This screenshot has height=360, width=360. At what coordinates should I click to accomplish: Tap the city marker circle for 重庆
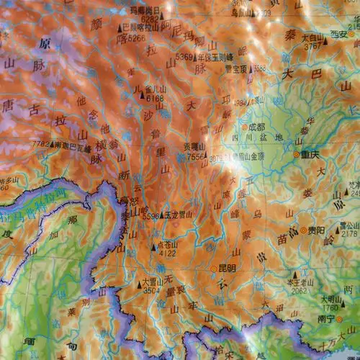297,154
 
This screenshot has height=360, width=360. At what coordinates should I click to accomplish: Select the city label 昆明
228,268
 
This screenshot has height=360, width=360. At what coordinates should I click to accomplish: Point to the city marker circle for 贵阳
304,230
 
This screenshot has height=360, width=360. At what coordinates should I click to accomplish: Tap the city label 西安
339,34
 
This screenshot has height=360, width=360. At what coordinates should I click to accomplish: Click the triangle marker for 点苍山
153,245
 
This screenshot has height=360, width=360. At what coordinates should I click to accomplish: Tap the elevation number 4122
166,253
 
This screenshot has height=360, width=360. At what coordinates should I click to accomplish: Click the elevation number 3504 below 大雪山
151,292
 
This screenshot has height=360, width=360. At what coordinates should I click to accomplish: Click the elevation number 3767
312,46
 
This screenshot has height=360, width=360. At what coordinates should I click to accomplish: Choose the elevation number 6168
155,99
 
